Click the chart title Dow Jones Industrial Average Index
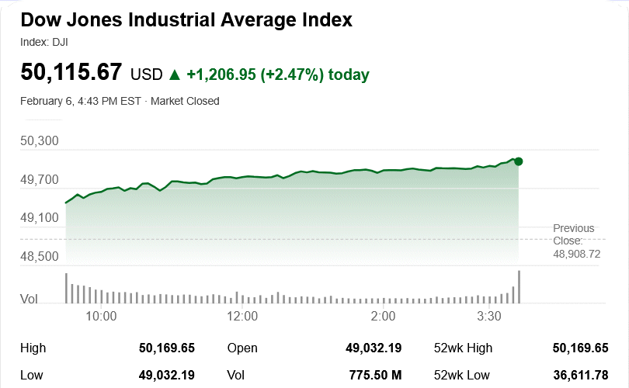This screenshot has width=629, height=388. tap(186, 20)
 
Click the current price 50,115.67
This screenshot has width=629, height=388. tap(71, 73)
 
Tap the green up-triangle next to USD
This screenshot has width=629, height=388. tap(175, 74)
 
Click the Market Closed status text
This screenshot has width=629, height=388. tap(185, 101)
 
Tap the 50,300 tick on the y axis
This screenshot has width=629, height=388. tap(40, 141)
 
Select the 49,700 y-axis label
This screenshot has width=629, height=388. tap(40, 180)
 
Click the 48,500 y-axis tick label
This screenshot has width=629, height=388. tap(40, 256)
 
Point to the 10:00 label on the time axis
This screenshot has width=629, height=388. tap(101, 316)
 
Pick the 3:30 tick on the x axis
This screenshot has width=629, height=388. tap(488, 316)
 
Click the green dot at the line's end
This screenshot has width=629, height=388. tap(519, 161)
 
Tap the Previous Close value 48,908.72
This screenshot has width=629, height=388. tap(576, 254)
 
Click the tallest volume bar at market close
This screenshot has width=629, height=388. tap(519, 286)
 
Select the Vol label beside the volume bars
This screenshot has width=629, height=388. tap(29, 298)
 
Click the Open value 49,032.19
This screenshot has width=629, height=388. tap(374, 348)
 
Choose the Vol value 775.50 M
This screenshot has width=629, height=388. tap(375, 376)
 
